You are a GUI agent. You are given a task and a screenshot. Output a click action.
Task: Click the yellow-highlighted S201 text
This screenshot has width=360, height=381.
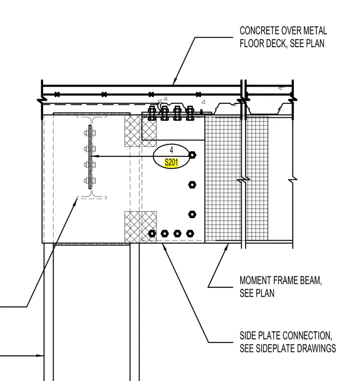[x=171, y=162]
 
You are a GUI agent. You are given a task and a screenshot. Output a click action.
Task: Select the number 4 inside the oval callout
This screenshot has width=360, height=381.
[x=171, y=150]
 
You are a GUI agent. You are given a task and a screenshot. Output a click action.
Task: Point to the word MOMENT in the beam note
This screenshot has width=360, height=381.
[x=255, y=280]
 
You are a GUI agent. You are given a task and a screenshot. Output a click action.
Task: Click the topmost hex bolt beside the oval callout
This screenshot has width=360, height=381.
[x=192, y=155]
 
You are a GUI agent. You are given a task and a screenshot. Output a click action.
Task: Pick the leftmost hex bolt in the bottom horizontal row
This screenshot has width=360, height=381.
[x=152, y=234]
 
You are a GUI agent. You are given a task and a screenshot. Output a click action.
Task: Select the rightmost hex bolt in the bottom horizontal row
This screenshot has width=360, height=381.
[x=190, y=234]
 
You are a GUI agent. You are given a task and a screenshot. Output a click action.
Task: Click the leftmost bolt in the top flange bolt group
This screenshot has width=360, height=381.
[x=152, y=113]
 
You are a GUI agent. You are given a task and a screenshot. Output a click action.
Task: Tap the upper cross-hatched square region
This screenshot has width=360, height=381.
[x=140, y=131]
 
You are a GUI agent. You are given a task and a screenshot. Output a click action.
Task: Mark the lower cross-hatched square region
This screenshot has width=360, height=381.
[x=140, y=227]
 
